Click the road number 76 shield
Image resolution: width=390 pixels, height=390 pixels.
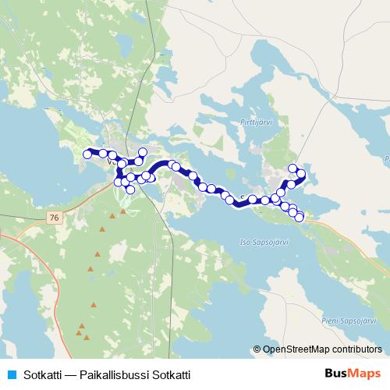pos(52,217)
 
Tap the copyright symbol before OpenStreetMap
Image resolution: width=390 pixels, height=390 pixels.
pos(257,349)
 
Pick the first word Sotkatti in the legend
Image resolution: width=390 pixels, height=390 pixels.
pos(43,375)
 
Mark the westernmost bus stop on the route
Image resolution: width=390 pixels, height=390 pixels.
pos(86,154)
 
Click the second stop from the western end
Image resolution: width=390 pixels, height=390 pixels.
pos(103,154)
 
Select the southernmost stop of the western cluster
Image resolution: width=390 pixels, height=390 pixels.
pos(130,189)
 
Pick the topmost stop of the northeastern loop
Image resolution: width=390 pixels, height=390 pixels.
pos(293,168)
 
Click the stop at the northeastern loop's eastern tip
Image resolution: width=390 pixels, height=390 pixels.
pos(302,173)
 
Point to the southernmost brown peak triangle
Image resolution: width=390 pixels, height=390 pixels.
pos(86,337)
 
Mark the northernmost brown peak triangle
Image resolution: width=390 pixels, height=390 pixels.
pos(122,211)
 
